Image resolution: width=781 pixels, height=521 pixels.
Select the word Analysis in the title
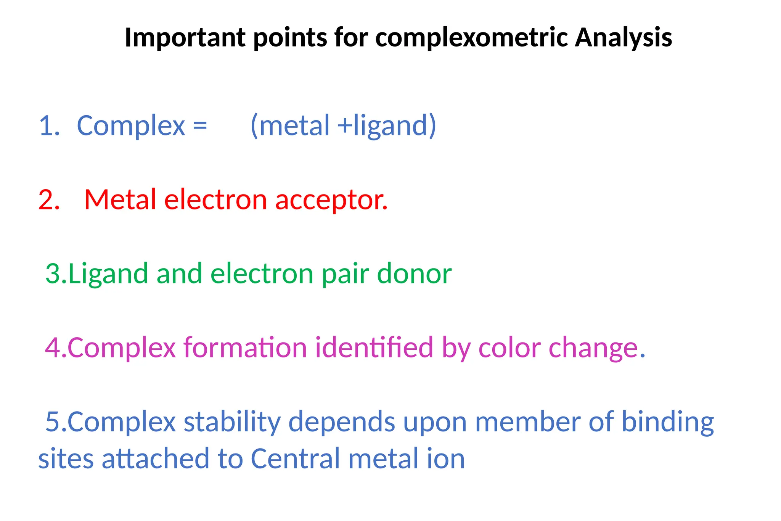click(623, 38)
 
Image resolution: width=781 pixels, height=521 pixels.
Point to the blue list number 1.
click(49, 126)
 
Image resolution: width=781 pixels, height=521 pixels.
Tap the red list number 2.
click(49, 200)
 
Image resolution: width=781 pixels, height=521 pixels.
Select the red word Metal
click(120, 200)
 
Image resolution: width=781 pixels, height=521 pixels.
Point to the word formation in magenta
click(245, 348)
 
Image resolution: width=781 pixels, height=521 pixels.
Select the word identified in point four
click(374, 348)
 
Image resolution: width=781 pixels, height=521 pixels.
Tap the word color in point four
click(509, 348)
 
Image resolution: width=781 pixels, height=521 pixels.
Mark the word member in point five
click(528, 422)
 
